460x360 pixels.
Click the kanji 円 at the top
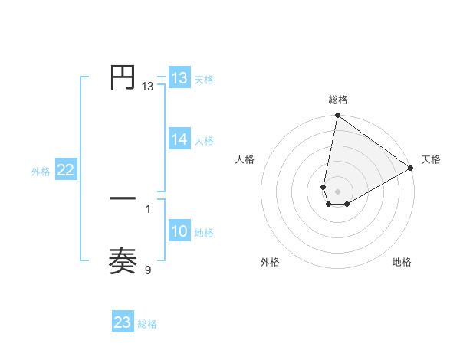123,77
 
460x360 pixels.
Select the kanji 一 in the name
123,198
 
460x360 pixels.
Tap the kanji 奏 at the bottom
123,261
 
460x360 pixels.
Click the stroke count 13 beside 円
148,87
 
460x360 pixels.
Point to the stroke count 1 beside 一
148,208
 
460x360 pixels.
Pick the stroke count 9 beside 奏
148,269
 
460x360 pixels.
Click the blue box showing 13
179,78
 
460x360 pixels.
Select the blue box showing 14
179,139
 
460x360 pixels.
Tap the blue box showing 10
179,232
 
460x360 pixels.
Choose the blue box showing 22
66,171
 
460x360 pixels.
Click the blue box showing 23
123,322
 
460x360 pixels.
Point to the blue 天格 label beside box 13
204,79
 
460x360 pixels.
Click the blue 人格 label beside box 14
204,140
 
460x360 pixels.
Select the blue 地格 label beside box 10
204,233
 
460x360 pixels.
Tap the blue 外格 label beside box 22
41,172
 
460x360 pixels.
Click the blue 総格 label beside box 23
147,323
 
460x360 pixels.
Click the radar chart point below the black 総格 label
337,116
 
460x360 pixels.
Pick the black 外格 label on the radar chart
270,262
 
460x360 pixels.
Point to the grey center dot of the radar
337,191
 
